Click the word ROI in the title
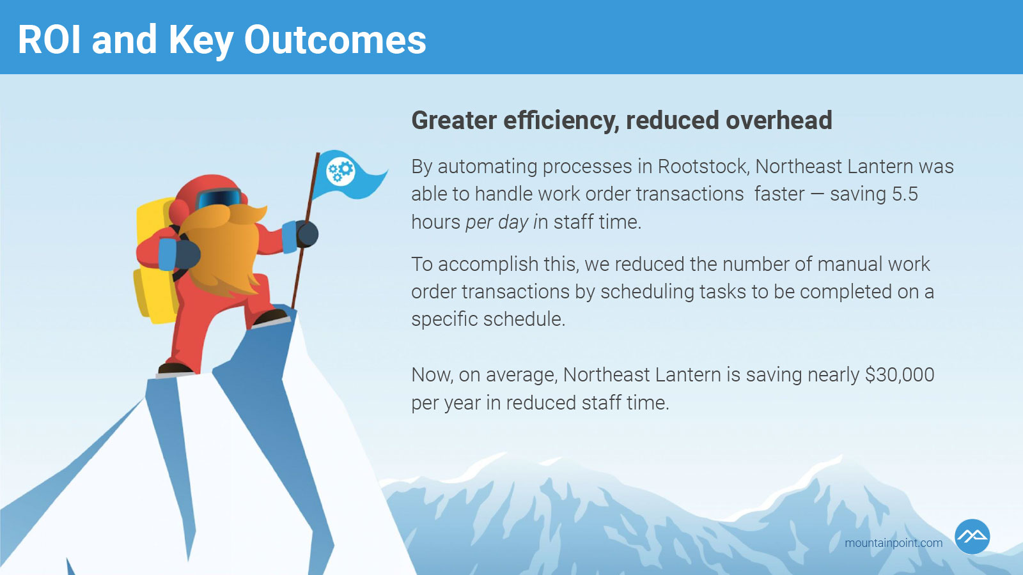pos(49,40)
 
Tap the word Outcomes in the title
pos(335,40)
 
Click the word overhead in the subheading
pos(779,121)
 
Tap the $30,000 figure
pos(900,375)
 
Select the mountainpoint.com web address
pos(893,543)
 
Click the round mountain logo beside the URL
pos(972,537)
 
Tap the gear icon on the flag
pos(341,171)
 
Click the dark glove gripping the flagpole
pos(307,234)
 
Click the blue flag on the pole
pos(349,175)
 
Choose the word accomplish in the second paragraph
pos(488,265)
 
